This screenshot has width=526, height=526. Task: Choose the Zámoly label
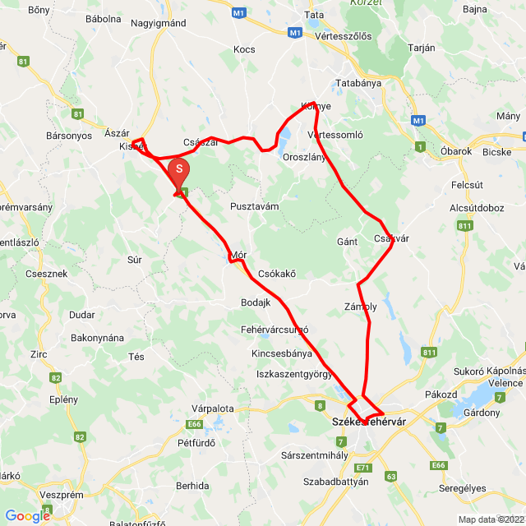[360, 307]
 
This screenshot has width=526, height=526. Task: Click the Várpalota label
[213, 408]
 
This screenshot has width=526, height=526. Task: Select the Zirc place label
[39, 354]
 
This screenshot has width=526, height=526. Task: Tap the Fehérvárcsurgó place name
[275, 330]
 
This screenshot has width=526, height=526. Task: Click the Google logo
[27, 516]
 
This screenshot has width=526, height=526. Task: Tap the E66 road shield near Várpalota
[195, 424]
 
